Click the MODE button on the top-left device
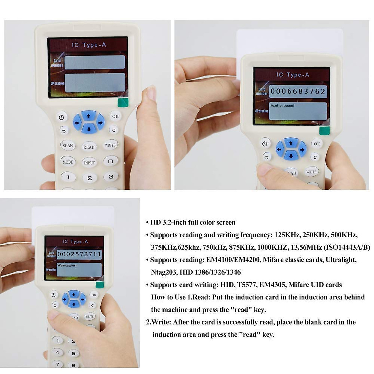click(68, 162)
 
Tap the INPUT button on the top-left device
click(89, 162)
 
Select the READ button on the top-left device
click(89, 147)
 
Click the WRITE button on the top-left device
click(110, 145)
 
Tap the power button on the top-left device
click(61, 117)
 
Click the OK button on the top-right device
click(317, 144)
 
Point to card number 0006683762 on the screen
click(298, 91)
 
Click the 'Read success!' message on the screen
click(282, 106)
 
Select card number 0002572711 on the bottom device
click(79, 254)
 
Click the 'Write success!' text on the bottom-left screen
click(67, 266)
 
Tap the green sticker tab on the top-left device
click(123, 102)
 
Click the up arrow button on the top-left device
click(89, 116)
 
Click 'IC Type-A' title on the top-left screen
click(89, 45)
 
